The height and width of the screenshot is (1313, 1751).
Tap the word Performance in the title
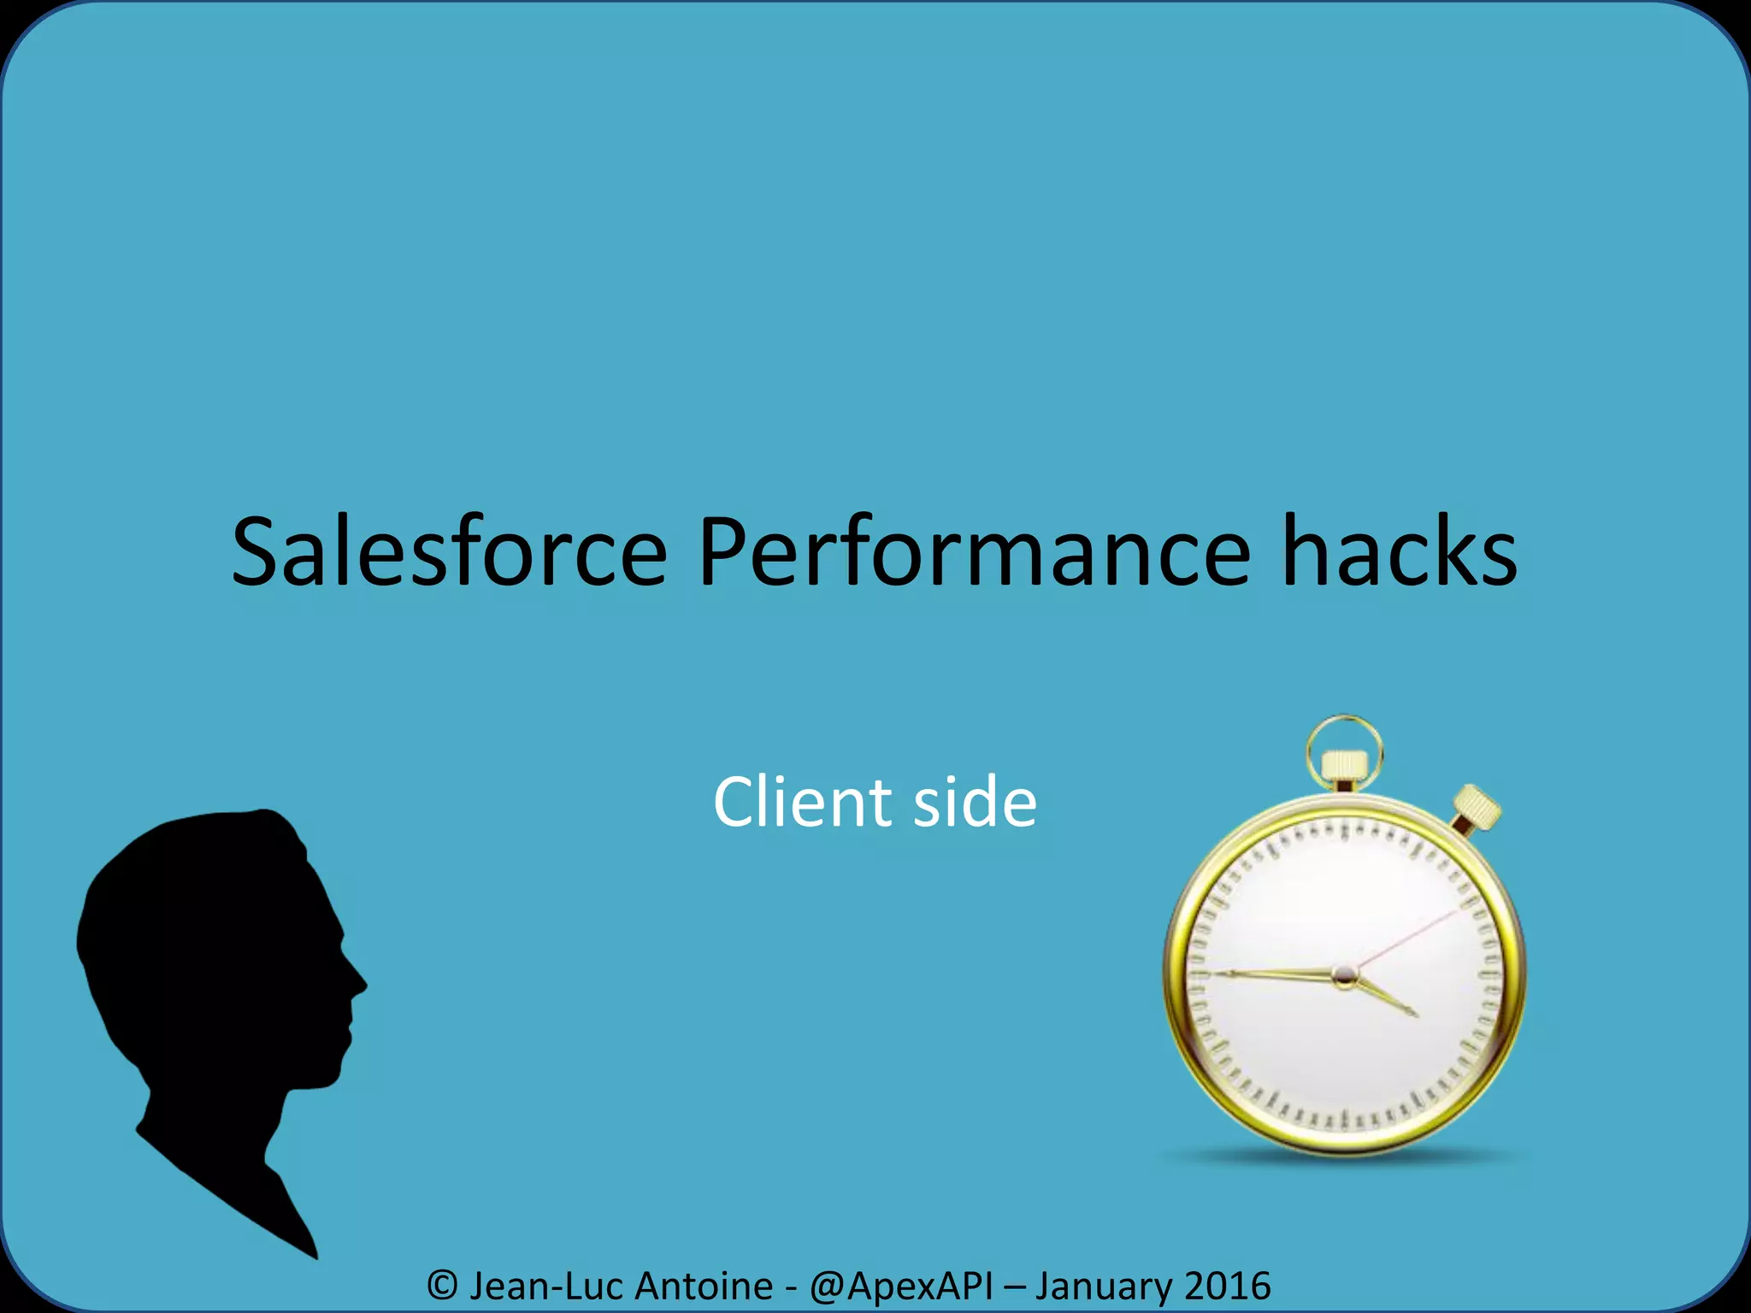point(974,554)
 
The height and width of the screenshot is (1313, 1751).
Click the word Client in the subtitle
point(803,802)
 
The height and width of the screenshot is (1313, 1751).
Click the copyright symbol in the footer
point(442,1286)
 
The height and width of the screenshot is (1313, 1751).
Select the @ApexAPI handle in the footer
point(901,1286)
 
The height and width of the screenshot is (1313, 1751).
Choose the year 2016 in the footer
point(1228,1286)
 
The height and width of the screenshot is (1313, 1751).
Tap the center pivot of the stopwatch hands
point(1344,974)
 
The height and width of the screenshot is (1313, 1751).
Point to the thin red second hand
point(1411,936)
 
